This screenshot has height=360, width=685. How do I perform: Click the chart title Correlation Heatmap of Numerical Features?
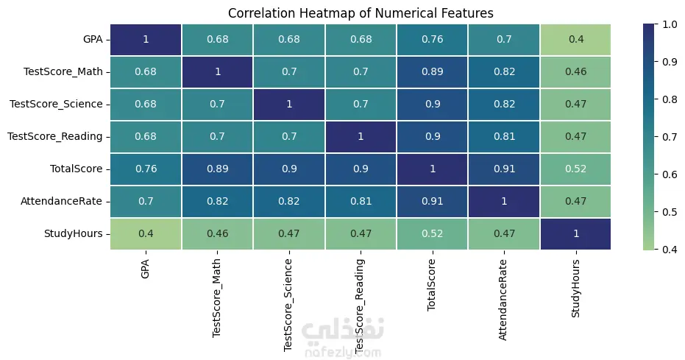[361, 13]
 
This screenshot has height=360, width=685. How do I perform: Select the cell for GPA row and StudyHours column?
[575, 39]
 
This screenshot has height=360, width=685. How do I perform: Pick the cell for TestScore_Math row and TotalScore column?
[432, 71]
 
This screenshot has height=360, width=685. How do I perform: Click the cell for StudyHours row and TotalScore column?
[432, 233]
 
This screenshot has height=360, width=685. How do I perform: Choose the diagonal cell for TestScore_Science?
[288, 104]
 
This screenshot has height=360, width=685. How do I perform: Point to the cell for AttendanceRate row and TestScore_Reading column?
[361, 201]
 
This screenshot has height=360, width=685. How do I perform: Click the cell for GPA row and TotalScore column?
[432, 39]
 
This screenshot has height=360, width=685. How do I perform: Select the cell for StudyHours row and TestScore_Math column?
[217, 233]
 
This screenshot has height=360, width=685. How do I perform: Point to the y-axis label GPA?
[93, 39]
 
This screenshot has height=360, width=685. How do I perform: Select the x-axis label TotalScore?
[432, 283]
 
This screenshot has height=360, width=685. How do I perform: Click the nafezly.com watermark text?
[343, 353]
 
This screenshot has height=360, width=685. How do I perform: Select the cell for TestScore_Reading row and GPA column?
[145, 136]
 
